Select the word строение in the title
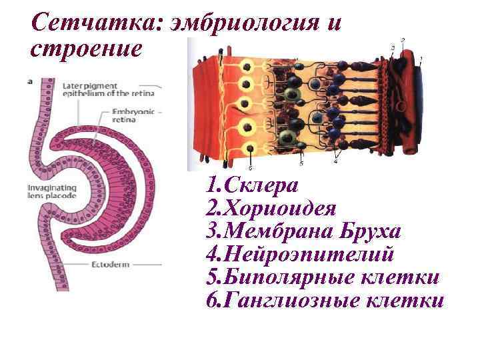(x=87, y=49)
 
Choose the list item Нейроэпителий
(x=310, y=254)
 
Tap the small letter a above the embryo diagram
(x=30, y=81)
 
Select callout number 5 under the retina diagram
(x=301, y=163)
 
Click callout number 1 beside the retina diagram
(x=421, y=59)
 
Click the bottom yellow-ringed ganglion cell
(x=249, y=149)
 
